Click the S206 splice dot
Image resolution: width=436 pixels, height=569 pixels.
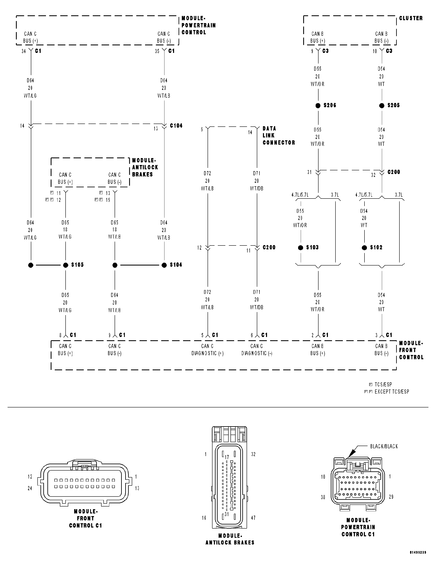click(x=318, y=106)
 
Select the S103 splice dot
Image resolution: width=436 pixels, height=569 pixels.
click(x=301, y=248)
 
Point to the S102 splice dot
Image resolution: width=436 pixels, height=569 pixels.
click(x=364, y=248)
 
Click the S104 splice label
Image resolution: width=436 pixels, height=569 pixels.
click(x=176, y=265)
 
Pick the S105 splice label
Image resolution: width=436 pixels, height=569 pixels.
click(x=77, y=265)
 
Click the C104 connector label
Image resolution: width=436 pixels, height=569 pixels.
click(x=176, y=126)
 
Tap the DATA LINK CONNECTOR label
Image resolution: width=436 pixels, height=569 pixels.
click(x=278, y=135)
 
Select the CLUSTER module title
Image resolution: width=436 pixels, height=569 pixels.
click(x=411, y=18)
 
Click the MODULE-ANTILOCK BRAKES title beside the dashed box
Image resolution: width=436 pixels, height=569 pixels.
click(x=145, y=167)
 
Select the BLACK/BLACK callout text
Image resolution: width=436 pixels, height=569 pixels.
click(x=384, y=446)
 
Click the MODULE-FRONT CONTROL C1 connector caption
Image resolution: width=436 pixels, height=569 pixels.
click(x=85, y=518)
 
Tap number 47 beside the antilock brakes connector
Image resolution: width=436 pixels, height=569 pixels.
click(x=253, y=518)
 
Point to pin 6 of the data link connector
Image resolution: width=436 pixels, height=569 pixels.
click(x=202, y=129)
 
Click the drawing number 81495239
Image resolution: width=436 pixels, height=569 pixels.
click(x=418, y=560)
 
